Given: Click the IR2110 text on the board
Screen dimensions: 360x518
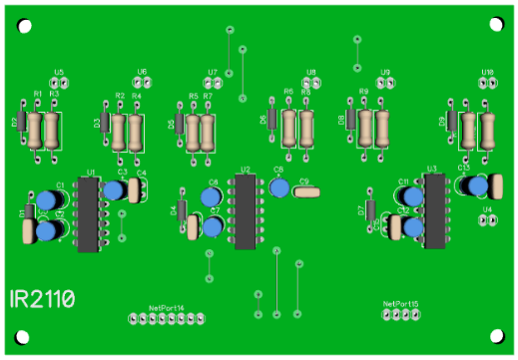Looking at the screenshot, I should click(43, 298).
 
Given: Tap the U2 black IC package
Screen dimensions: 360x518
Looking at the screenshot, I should click(246, 210).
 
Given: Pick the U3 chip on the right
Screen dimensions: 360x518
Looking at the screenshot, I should click(434, 209).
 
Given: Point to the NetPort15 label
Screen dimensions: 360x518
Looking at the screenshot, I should click(400, 303).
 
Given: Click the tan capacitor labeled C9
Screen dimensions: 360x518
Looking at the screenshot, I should click(308, 190).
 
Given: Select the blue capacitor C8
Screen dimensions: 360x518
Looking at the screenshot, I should click(280, 188).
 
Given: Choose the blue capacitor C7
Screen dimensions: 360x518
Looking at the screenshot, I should click(213, 228).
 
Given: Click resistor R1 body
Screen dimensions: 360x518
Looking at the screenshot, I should click(35, 130).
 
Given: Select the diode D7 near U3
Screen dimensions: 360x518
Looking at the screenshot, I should click(370, 210).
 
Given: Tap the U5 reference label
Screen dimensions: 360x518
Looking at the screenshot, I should click(59, 73).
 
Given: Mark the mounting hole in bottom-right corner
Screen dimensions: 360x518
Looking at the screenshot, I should click(494, 336).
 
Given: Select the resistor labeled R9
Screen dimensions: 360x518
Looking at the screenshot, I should click(366, 128).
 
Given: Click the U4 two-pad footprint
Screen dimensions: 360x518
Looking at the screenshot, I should click(487, 220).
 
